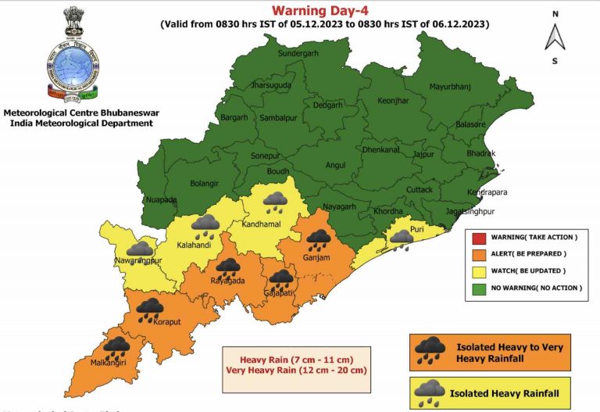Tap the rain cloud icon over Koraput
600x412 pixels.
point(149,310)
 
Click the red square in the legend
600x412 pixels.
point(477,236)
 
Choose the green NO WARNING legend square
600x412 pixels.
point(477,288)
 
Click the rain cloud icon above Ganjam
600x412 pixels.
point(318,238)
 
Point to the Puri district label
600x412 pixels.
point(417,229)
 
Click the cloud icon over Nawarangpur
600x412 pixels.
point(139,249)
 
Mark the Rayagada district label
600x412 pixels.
point(227,281)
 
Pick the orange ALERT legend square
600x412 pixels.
point(477,253)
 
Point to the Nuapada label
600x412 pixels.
point(162,199)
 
